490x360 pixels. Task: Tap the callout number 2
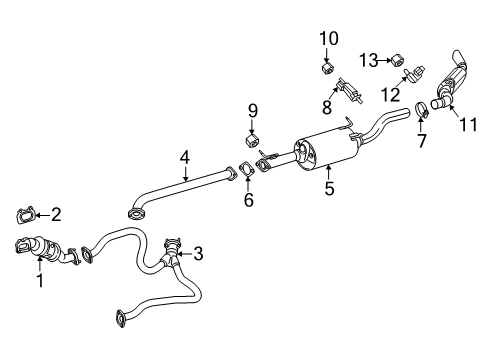click(x=56, y=213)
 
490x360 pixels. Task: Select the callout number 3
click(x=198, y=254)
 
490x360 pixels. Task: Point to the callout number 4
click(x=184, y=156)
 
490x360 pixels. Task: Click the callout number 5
click(x=329, y=185)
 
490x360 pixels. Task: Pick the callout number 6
click(x=248, y=200)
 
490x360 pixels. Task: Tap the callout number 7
click(x=422, y=141)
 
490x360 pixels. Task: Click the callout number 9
click(x=253, y=109)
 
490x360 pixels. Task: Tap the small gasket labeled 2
click(x=27, y=212)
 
